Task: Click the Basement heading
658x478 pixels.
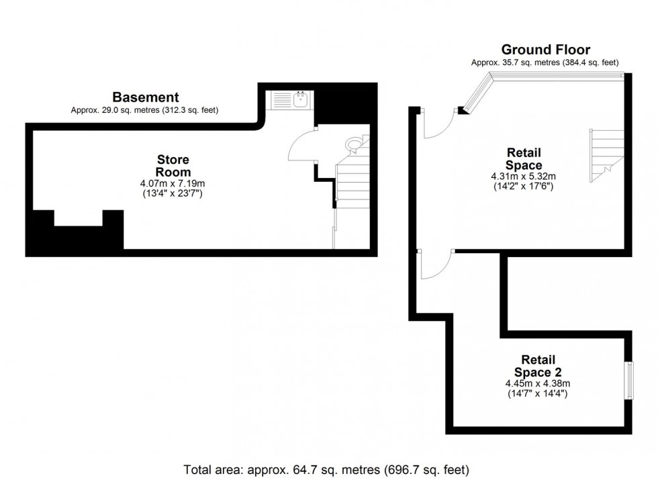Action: pos(145,97)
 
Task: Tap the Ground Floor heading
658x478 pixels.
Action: pos(545,50)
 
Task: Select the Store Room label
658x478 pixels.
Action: pos(173,166)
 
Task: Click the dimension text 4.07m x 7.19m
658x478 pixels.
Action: pos(173,183)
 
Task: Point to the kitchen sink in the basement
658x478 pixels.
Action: pos(301,101)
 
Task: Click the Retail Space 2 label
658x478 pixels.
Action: pos(538,366)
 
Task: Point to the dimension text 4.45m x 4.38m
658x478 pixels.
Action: pos(538,383)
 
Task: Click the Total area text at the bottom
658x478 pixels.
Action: pos(326,469)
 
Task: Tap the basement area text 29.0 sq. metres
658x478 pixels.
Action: pos(144,110)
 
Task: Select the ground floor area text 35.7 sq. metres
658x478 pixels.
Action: pos(545,62)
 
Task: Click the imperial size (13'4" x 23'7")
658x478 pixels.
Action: pos(173,193)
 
